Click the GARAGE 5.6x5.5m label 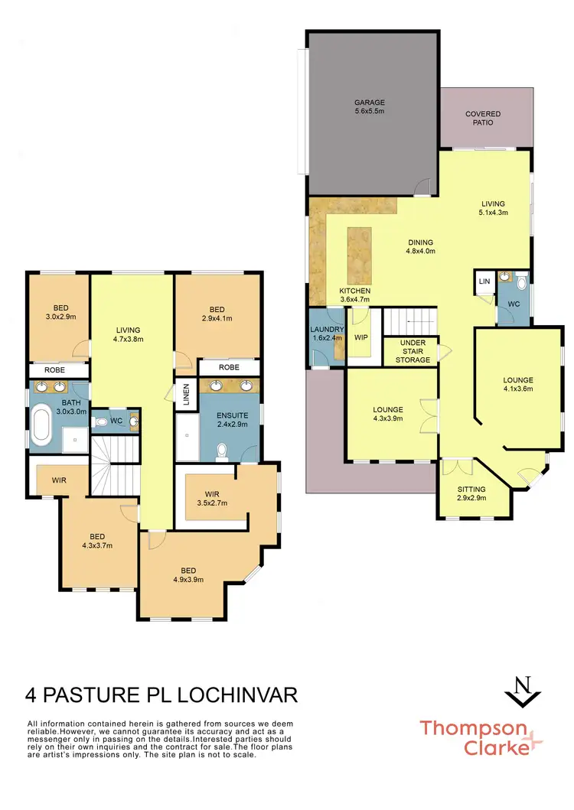click(x=369, y=107)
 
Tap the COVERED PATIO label click(x=484, y=119)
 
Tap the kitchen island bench click(x=359, y=255)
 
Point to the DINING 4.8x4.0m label click(x=420, y=246)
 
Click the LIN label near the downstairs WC click(x=484, y=281)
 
